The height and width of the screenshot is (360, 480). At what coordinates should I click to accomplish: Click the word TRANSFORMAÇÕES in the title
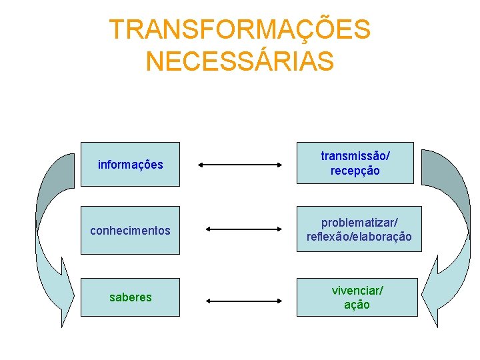pos(239,29)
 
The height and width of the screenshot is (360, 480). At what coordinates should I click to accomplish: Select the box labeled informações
pos(130,164)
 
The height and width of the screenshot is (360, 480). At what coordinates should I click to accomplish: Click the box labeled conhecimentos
pos(130,230)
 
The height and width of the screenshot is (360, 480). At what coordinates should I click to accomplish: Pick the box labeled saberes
pos(130,297)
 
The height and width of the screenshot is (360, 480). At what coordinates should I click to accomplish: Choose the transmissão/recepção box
pos(355,163)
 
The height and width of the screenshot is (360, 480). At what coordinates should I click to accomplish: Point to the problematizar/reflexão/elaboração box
pos(359,229)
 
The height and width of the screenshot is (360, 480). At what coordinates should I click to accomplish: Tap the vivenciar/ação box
pos(357,297)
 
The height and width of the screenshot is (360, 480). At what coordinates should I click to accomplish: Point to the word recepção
pos(355,171)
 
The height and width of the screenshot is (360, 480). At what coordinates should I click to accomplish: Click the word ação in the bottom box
pos(357,305)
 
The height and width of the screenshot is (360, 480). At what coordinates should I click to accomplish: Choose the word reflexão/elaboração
pos(359,237)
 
